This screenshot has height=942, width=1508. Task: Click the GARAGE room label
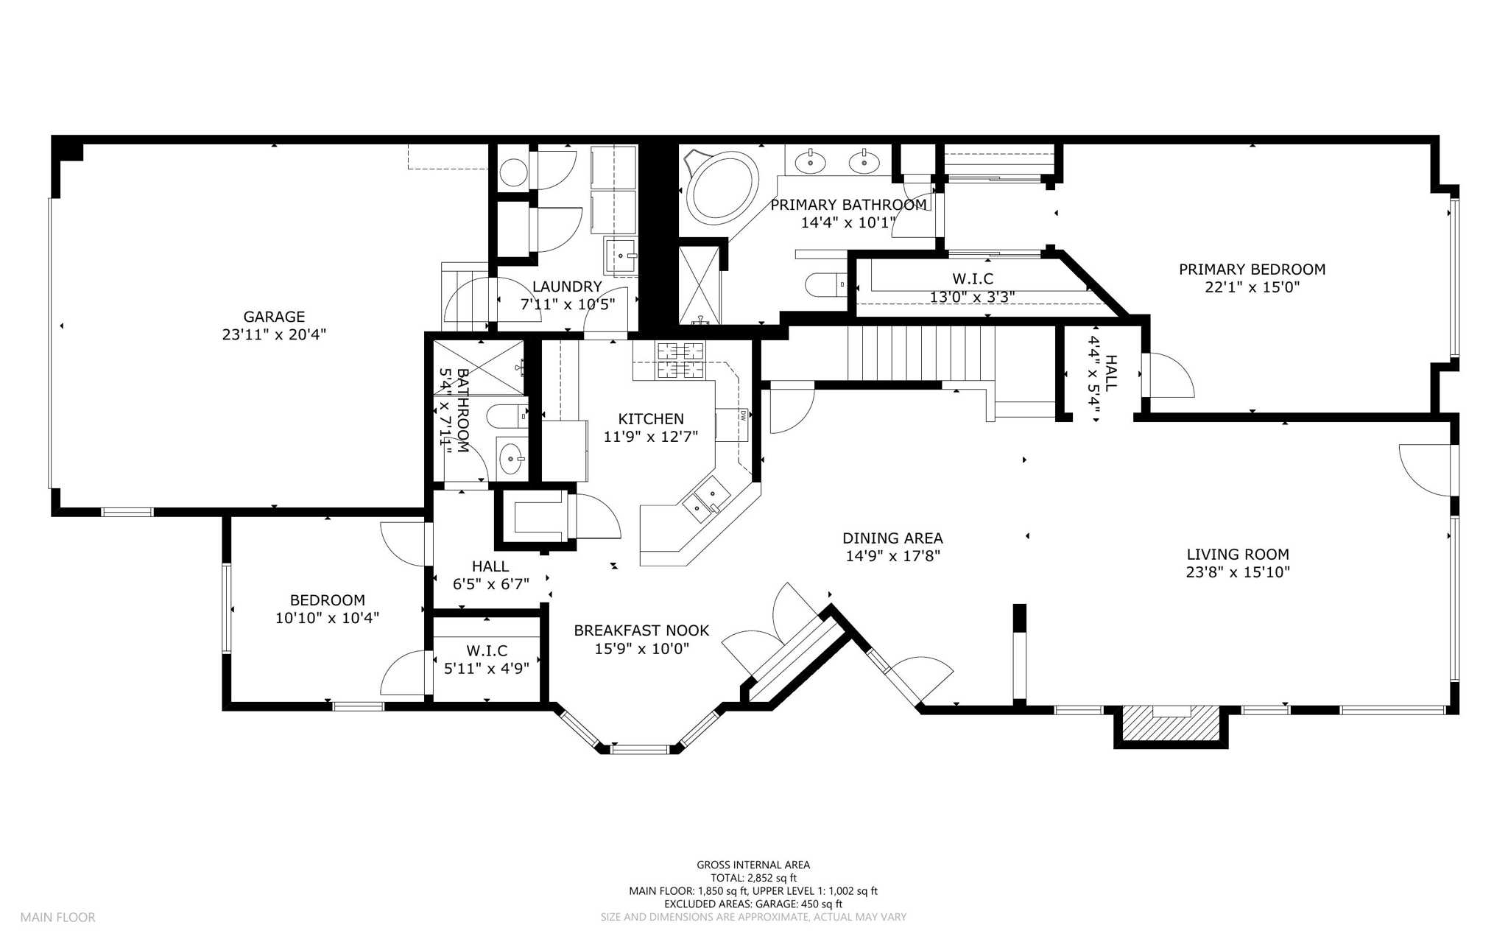274,317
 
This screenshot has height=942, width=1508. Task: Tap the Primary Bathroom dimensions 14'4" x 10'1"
848,222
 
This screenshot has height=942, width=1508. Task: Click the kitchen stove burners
680,360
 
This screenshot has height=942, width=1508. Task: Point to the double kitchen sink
705,498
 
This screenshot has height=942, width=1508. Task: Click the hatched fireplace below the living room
1171,723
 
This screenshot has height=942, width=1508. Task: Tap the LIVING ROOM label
1238,555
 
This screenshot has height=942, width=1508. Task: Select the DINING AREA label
892,538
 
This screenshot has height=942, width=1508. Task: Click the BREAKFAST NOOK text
641,630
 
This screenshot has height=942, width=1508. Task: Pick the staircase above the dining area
920,354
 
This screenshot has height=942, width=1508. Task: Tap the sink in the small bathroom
512,460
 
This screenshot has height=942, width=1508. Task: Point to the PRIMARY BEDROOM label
1252,270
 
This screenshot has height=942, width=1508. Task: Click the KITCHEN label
651,419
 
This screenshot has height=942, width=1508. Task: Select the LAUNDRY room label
567,287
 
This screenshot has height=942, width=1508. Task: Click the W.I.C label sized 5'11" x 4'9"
487,651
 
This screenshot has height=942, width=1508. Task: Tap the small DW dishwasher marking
744,414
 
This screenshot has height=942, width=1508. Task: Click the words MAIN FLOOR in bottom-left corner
57,918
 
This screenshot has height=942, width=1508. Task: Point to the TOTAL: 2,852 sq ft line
753,878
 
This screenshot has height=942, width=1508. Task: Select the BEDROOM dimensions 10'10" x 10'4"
327,618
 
